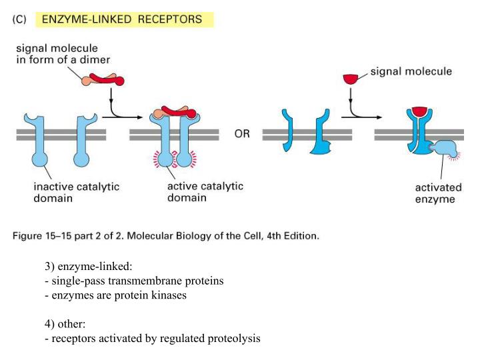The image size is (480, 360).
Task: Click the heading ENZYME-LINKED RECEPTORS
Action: click(122, 19)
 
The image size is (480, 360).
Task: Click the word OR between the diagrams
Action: click(242, 134)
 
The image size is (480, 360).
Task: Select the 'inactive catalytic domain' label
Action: click(76, 192)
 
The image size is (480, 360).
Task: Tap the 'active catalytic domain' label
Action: click(205, 192)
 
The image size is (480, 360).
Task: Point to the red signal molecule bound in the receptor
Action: click(419, 110)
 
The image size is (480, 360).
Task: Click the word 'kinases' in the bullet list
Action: click(169, 295)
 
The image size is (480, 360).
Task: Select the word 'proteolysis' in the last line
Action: click(234, 339)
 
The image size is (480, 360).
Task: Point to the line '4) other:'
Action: click(65, 324)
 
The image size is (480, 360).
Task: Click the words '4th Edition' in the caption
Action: click(291, 235)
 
